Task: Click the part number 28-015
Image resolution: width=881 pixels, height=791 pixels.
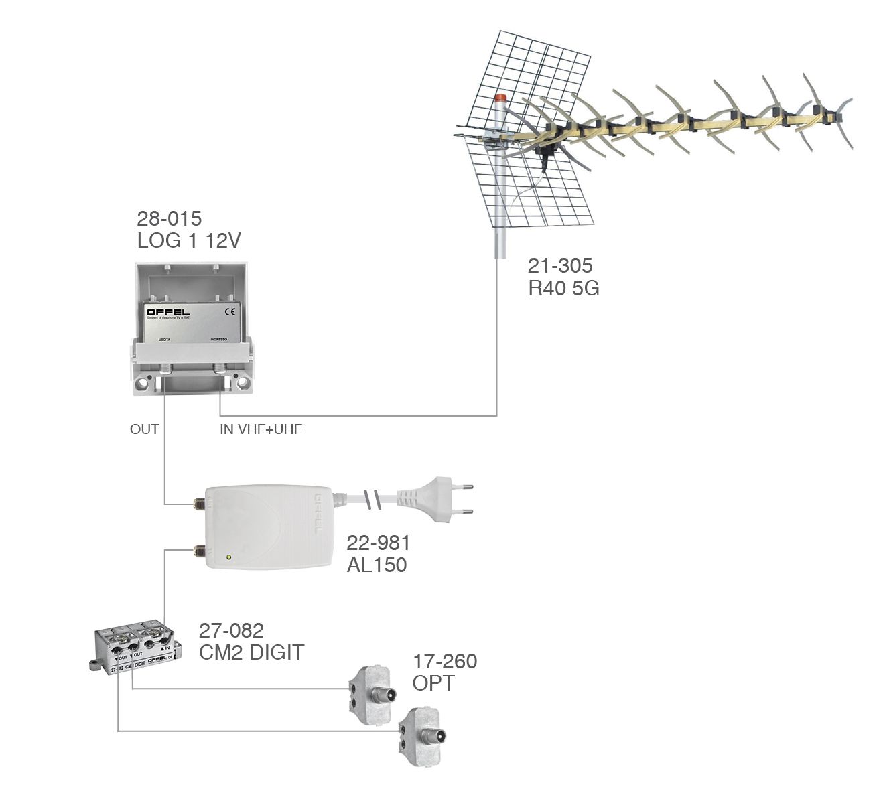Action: coord(169,218)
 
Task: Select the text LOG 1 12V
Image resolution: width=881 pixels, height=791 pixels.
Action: coord(189,241)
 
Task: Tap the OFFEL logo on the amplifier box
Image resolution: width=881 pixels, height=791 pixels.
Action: coord(168,312)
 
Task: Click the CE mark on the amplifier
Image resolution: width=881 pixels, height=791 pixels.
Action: coord(229,311)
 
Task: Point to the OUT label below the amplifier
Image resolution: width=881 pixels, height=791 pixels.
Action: coord(144,429)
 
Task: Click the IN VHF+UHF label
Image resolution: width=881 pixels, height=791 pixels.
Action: coord(261,429)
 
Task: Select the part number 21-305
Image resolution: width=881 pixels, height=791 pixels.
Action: coord(560,265)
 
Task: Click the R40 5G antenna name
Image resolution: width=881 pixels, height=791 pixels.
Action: coord(563,288)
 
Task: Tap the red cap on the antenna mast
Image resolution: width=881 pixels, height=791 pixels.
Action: coord(500,98)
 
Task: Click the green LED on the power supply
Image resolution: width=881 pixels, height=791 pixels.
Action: coord(229,557)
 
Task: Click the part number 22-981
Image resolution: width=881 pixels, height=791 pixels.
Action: coord(378,543)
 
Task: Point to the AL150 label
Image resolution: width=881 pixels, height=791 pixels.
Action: coord(377,565)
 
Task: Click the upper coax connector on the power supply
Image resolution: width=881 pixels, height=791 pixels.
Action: coord(198,503)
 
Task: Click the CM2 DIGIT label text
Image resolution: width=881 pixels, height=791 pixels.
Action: coord(251,652)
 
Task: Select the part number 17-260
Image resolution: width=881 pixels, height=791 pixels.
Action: coord(445,662)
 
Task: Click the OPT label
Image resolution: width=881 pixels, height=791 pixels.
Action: coord(433,684)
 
